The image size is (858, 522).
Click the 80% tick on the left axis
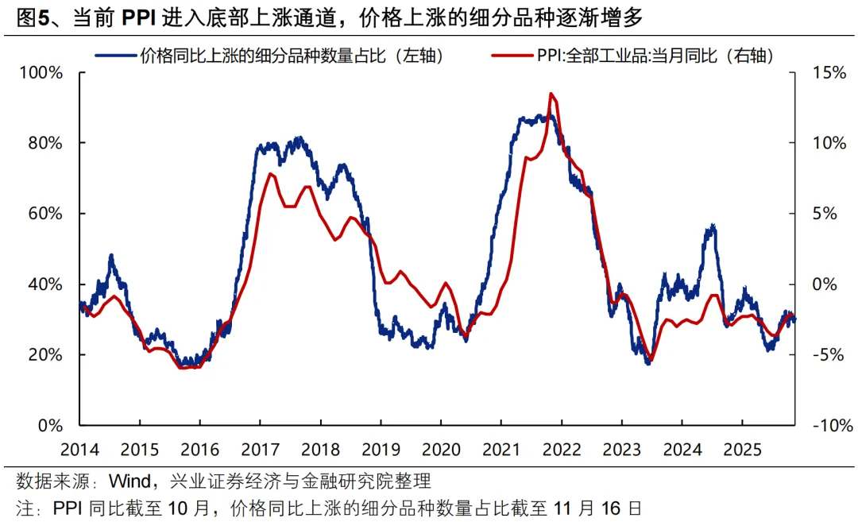coord(45,143)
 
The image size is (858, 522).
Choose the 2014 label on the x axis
coord(79,450)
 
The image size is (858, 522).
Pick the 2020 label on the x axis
coord(440,450)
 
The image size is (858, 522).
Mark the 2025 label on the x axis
coord(740,450)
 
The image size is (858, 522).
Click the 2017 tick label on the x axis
coord(260,450)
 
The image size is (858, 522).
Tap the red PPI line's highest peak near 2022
coord(551,94)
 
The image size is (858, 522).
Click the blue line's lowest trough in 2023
coord(648,362)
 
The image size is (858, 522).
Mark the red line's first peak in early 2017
coord(271,174)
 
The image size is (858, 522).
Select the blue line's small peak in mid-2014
coord(111,256)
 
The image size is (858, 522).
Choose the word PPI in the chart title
coord(139,17)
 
